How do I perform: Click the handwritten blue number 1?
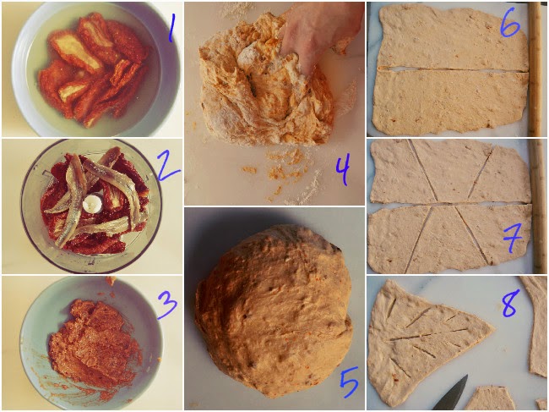pyautogui.click(x=171, y=29)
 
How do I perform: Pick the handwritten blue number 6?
pyautogui.click(x=510, y=23)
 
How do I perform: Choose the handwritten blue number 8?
pyautogui.click(x=509, y=304)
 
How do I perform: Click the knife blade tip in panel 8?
pyautogui.click(x=467, y=376)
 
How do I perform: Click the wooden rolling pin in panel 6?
pyautogui.click(x=535, y=69)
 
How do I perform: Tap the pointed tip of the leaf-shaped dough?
pyautogui.click(x=494, y=330)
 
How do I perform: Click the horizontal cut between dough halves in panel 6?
pyautogui.click(x=453, y=69)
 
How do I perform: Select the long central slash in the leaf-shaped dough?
pyautogui.click(x=429, y=334)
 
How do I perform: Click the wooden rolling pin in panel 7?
pyautogui.click(x=537, y=206)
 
